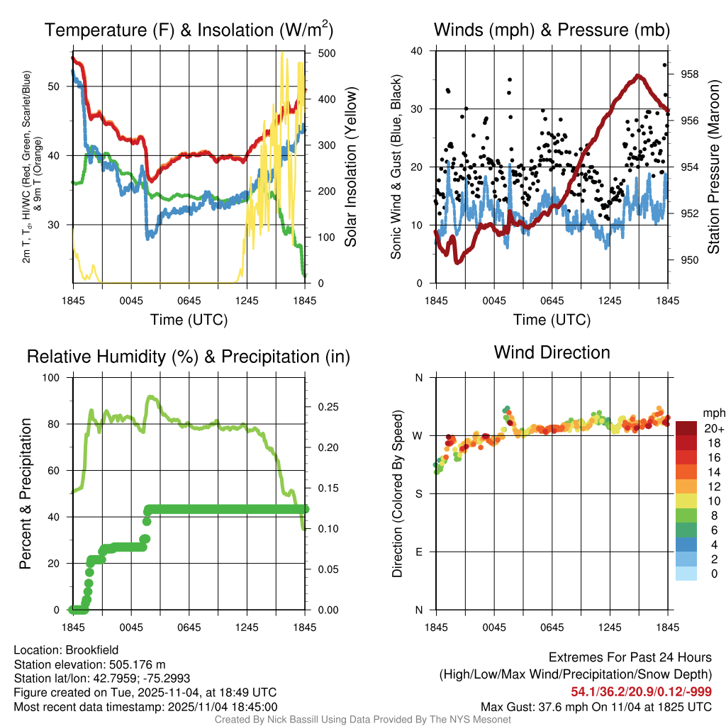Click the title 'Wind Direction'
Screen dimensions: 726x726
click(552, 352)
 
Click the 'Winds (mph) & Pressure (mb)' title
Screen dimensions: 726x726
click(552, 30)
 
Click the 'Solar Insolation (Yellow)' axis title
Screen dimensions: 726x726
click(350, 167)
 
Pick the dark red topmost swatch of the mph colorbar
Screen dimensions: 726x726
click(686, 428)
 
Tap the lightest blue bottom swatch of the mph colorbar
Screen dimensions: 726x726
click(686, 573)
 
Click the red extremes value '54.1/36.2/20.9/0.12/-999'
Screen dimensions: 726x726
click(641, 691)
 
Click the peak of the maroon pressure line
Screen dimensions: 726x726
click(638, 76)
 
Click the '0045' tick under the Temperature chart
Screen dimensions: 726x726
click(131, 300)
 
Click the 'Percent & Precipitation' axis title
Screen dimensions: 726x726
click(26, 493)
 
